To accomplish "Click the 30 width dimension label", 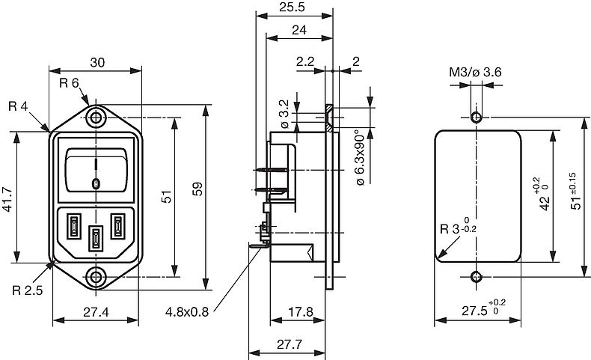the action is coord(97,63).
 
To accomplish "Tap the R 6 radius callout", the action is coord(69,83).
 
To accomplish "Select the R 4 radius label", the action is coord(18,106).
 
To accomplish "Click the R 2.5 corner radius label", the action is coord(28,290).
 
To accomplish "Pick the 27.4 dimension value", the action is coord(96,312).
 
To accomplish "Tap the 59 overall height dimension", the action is coord(197,189).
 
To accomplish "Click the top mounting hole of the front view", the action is coord(96,118).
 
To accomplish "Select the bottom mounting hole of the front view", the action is coord(96,277).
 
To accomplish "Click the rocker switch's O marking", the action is coord(96,184).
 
